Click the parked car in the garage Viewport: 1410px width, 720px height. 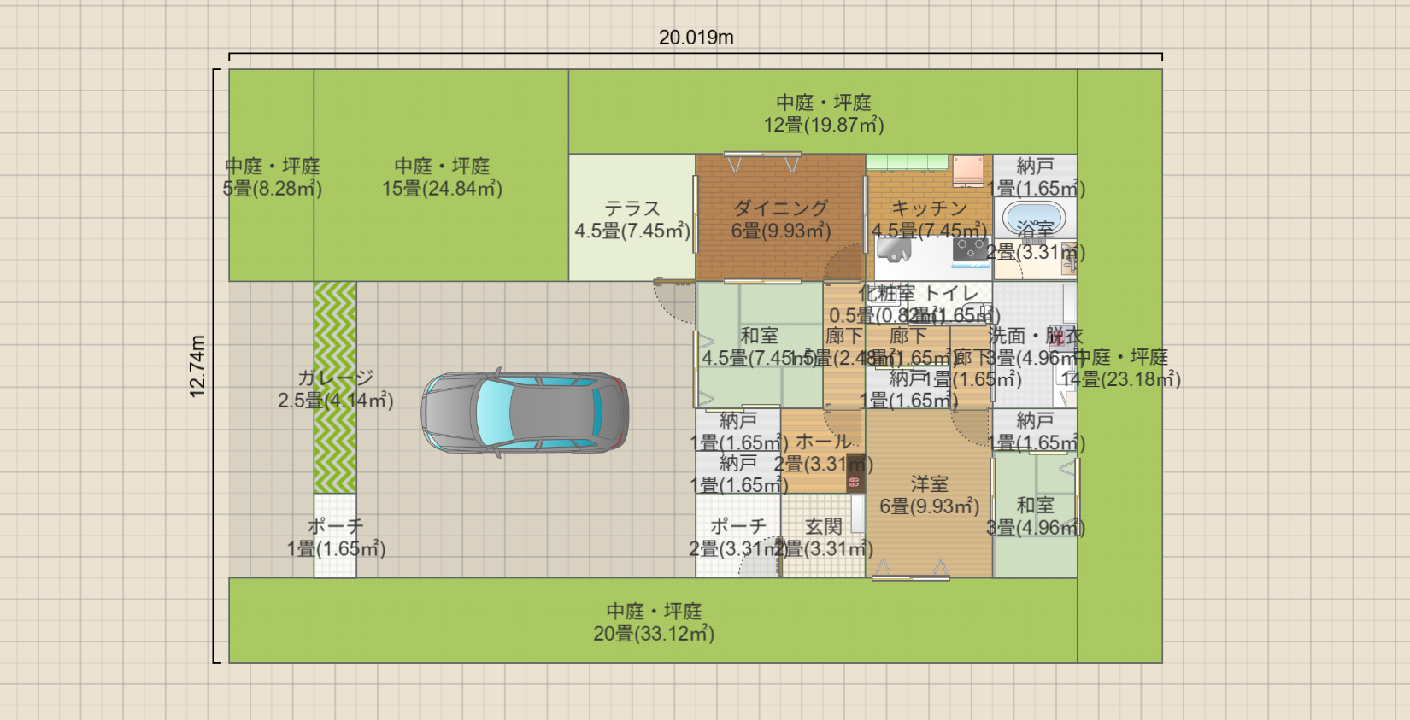525,412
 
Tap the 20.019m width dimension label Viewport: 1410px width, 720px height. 696,38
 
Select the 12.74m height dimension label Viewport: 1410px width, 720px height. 197,366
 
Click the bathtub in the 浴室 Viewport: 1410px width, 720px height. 1034,218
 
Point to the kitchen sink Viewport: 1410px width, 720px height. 894,250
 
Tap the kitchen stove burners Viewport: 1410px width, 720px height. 971,249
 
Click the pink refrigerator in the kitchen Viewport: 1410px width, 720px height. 968,170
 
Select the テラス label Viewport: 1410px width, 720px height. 632,208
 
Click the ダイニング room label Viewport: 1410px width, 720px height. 780,208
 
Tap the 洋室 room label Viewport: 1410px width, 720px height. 929,484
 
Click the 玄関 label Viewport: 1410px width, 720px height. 824,526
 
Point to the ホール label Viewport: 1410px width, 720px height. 824,442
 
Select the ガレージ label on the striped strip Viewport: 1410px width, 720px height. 335,378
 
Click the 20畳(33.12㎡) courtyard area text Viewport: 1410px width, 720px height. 654,634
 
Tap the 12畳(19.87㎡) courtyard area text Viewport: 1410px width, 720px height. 824,125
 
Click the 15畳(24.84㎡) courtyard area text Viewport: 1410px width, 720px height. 442,189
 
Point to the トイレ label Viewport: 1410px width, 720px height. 952,293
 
